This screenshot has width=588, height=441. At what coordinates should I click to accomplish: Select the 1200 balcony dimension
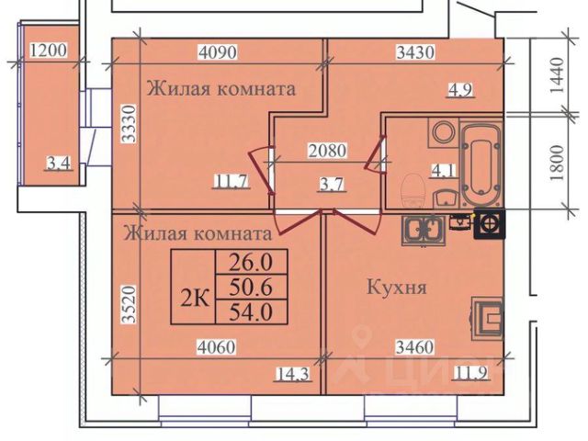(49, 51)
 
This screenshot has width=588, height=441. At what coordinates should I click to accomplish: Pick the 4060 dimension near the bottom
(217, 348)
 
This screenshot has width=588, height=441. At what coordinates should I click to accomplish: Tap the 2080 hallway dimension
(327, 149)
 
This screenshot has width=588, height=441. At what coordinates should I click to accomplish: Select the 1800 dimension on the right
(554, 164)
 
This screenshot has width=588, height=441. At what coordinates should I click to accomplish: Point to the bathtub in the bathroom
(480, 164)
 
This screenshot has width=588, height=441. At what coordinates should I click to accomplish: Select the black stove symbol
(487, 223)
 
